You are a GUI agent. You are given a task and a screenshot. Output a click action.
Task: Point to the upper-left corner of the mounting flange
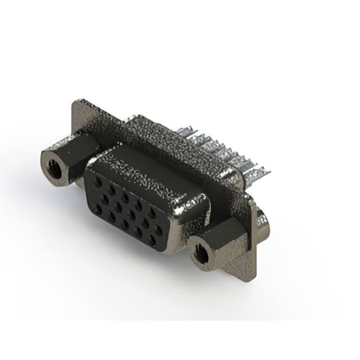75,102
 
